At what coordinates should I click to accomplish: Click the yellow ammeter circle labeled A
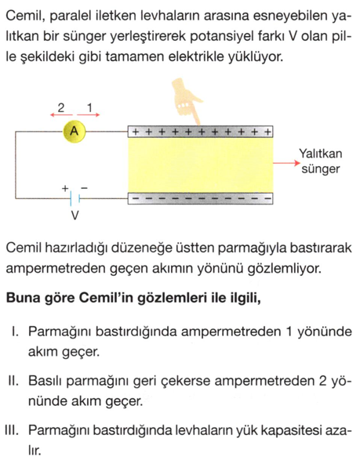coord(75,131)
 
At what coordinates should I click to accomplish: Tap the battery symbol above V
coord(75,199)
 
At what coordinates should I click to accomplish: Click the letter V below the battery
coord(75,216)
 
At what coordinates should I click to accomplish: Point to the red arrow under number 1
coord(89,115)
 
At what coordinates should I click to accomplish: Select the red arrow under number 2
coord(61,115)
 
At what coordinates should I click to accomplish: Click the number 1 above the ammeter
coord(89,107)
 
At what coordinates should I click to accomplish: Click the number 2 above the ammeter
coord(60,107)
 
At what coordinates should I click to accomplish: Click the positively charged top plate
coord(200,132)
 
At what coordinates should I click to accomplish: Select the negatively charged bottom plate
coord(200,198)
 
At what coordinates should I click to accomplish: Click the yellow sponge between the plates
coord(200,165)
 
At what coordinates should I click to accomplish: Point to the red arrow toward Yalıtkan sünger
coord(286,163)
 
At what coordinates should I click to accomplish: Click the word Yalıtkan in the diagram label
coord(320,154)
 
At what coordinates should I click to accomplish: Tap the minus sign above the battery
coord(84,188)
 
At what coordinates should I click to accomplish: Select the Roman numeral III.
coord(14,430)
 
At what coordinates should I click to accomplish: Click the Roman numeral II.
coord(14,381)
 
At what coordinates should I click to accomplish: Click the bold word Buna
coord(21,298)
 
